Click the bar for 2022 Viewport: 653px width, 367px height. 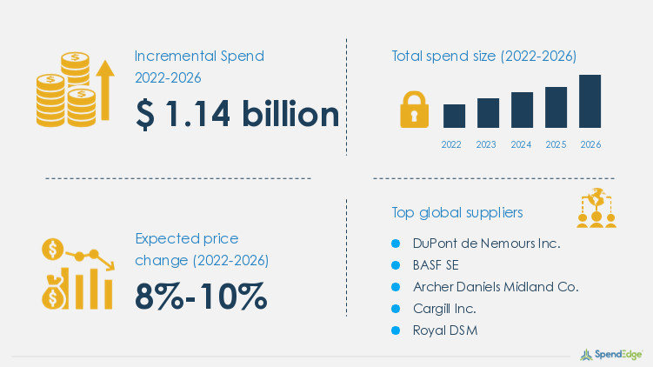[x=454, y=116]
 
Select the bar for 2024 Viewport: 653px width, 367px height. [x=522, y=110]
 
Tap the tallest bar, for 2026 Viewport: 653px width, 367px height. [x=590, y=101]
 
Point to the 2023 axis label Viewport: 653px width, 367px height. [x=487, y=144]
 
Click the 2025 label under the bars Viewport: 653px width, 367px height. [x=556, y=144]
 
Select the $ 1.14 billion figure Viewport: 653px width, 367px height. [x=237, y=115]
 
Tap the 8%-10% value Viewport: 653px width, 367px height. [x=201, y=297]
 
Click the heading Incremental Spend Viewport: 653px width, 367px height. [x=199, y=57]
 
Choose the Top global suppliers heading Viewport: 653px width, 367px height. [x=456, y=212]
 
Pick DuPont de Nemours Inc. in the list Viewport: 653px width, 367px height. [x=486, y=244]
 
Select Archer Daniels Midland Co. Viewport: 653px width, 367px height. [x=496, y=286]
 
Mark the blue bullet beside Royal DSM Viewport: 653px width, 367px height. [x=395, y=330]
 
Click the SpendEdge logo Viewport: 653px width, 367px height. [x=611, y=353]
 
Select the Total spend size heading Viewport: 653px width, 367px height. [x=483, y=57]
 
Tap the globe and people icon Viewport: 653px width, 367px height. [x=596, y=207]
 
